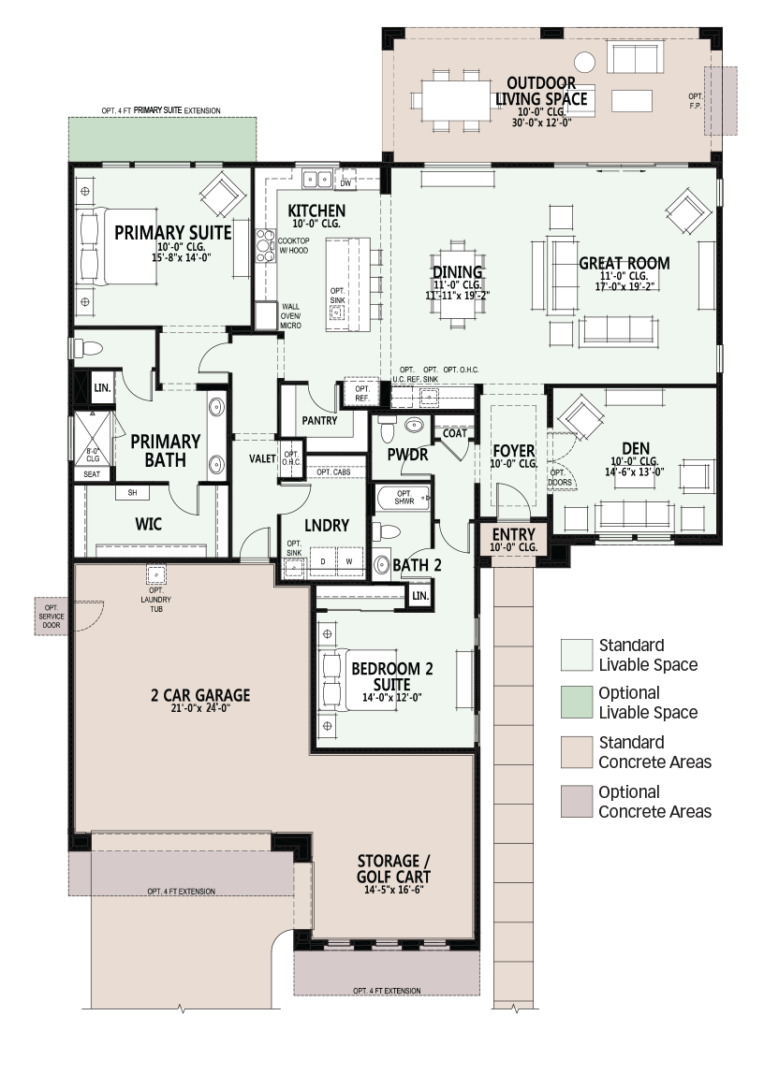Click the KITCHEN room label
pos(316,211)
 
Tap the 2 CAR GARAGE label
pos(200,695)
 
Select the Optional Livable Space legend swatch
pos(576,702)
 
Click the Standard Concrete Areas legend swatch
pos(576,752)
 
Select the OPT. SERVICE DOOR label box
pos(51,616)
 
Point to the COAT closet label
pos(454,433)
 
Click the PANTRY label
pos(319,421)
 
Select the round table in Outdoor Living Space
pos(584,62)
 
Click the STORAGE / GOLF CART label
pos(394,868)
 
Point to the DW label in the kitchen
pos(346,182)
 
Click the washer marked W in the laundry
pos(349,561)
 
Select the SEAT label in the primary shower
pos(91,474)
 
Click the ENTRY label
pos(514,534)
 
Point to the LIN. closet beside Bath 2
pos(420,595)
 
